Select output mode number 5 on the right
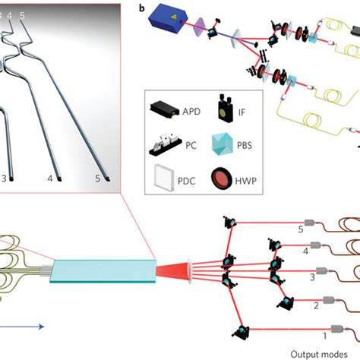pyautogui.click(x=300, y=227)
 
